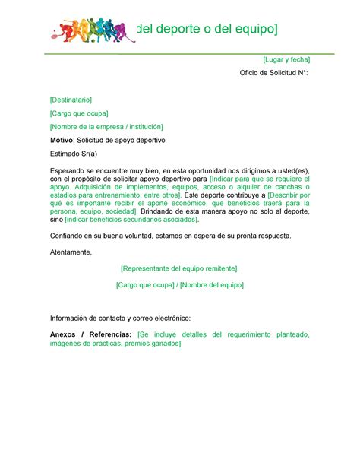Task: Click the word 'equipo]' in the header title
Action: pyautogui.click(x=251, y=30)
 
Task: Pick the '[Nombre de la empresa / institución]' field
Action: pyautogui.click(x=106, y=126)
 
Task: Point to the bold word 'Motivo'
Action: pyautogui.click(x=63, y=141)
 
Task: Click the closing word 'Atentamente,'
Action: pyautogui.click(x=71, y=252)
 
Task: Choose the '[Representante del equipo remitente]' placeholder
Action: pyautogui.click(x=179, y=268)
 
